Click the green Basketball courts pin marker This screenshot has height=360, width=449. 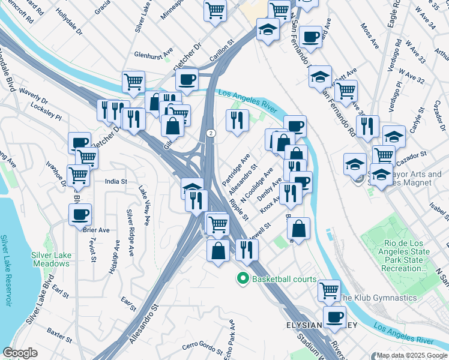click(x=243, y=279)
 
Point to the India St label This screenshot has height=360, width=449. click(x=116, y=181)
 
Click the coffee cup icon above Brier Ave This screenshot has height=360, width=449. click(x=80, y=214)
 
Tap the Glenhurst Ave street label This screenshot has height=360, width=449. click(x=153, y=52)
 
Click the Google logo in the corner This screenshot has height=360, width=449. click(x=20, y=353)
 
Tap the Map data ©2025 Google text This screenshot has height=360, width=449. click(x=411, y=355)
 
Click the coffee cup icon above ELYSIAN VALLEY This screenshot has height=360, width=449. click(x=334, y=317)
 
